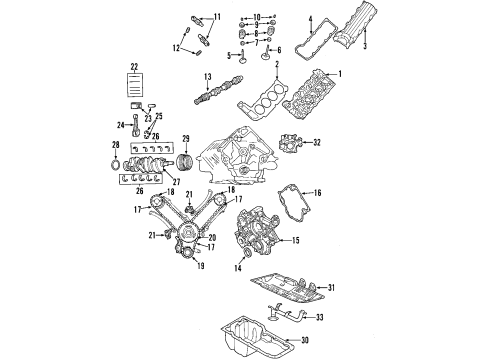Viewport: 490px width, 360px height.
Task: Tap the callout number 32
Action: (x=316, y=144)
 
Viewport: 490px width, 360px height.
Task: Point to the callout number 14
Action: (x=237, y=268)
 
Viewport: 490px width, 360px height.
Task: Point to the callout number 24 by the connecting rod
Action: (x=119, y=124)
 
